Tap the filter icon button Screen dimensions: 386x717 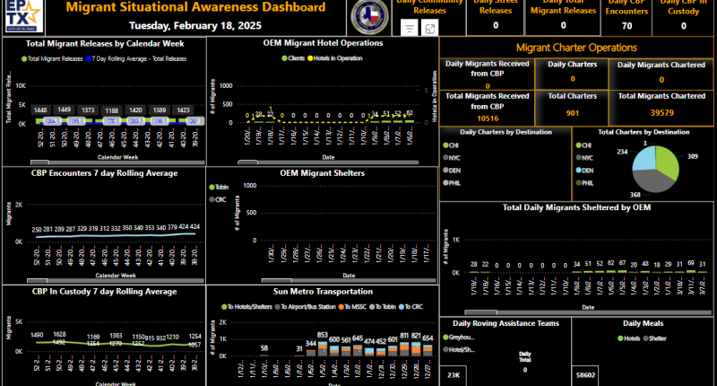pyautogui.click(x=409, y=29)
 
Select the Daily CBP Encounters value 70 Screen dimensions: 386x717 pyautogui.click(x=626, y=26)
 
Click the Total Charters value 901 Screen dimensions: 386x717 pyautogui.click(x=571, y=113)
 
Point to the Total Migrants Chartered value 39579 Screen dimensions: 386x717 pyautogui.click(x=662, y=113)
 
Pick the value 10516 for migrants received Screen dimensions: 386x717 pyautogui.click(x=488, y=118)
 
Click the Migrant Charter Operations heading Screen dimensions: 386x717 pyautogui.click(x=576, y=47)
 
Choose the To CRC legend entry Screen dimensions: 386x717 pyautogui.click(x=411, y=306)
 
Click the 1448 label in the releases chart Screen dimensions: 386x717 pyautogui.click(x=40, y=110)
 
